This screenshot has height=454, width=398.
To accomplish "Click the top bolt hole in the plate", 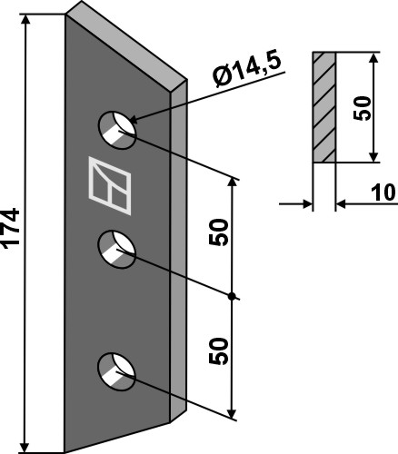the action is (x=117, y=130).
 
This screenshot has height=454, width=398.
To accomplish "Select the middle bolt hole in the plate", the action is (x=117, y=250).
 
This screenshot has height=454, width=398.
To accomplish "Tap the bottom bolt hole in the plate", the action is (x=116, y=371).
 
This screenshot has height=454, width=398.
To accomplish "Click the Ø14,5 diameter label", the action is (x=247, y=70).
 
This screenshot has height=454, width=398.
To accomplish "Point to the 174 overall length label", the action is (x=11, y=228).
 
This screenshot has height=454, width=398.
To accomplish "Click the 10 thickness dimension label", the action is (x=383, y=192).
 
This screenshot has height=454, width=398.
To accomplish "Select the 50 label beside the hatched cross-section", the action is (x=363, y=108).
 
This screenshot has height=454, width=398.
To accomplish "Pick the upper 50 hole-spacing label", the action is (x=218, y=232).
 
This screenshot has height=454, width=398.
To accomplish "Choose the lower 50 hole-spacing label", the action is (x=218, y=350).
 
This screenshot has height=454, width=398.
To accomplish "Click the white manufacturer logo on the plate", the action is (x=110, y=185).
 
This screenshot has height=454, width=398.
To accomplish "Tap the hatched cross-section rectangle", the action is (x=324, y=107).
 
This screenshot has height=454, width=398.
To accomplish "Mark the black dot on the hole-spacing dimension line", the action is (x=232, y=297).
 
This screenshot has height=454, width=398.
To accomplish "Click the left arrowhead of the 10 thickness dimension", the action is (x=307, y=204).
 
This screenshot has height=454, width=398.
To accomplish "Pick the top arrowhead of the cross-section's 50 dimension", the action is (x=374, y=58).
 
